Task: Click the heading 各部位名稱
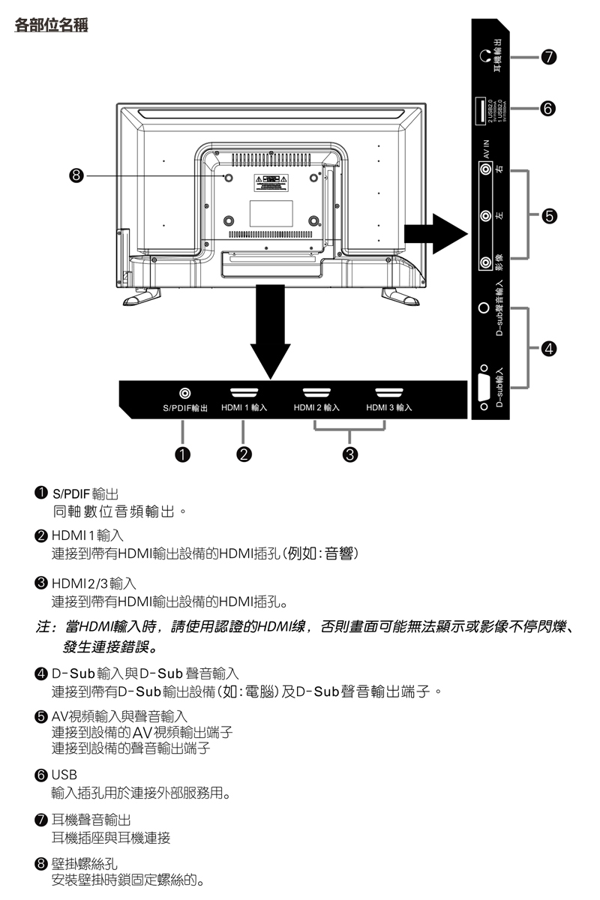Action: (x=51, y=25)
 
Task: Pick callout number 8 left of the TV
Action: (x=74, y=177)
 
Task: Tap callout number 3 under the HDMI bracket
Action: (x=349, y=453)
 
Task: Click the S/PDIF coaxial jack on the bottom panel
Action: (x=184, y=393)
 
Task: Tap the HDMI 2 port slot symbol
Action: (x=316, y=392)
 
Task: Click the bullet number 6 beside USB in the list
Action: (x=42, y=773)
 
